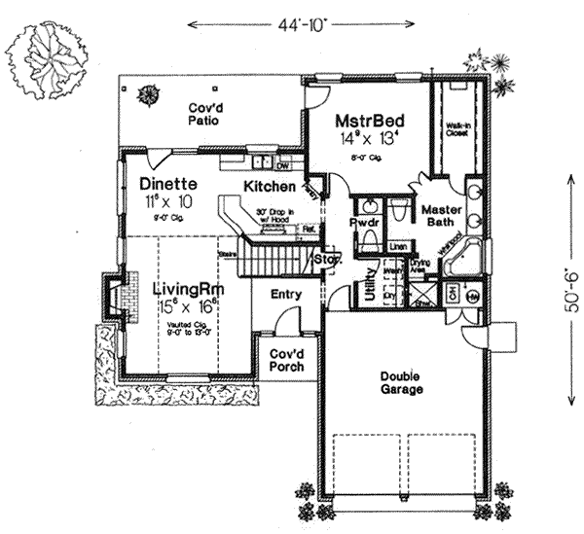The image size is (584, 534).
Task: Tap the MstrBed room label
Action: point(370,122)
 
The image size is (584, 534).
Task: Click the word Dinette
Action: point(168,183)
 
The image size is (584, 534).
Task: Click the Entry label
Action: point(286,295)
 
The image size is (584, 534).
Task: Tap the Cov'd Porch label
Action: point(286,360)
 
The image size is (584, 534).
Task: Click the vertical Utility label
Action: point(371,289)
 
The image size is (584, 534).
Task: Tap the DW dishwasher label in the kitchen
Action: point(283,165)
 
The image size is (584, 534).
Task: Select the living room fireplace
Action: point(113,293)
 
